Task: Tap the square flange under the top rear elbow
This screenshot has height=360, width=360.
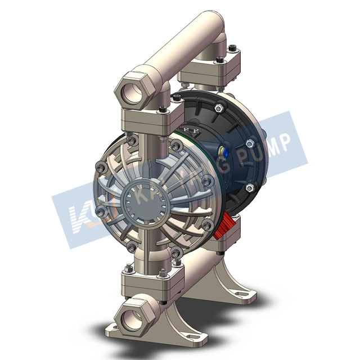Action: coord(211,74)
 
